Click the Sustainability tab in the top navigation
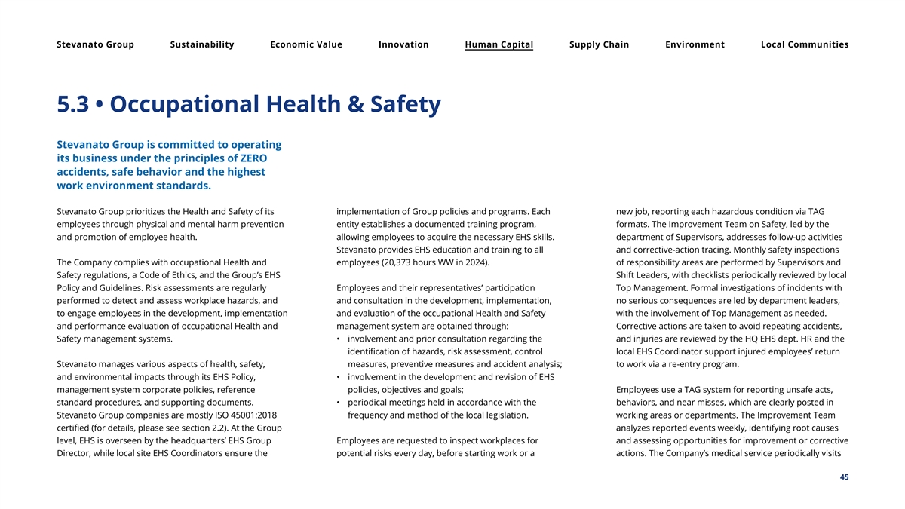pos(202,44)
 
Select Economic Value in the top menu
pos(306,44)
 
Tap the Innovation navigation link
pos(403,44)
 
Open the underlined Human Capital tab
pos(499,44)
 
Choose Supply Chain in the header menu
pos(599,44)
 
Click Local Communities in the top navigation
pos(805,44)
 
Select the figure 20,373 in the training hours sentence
pos(404,262)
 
